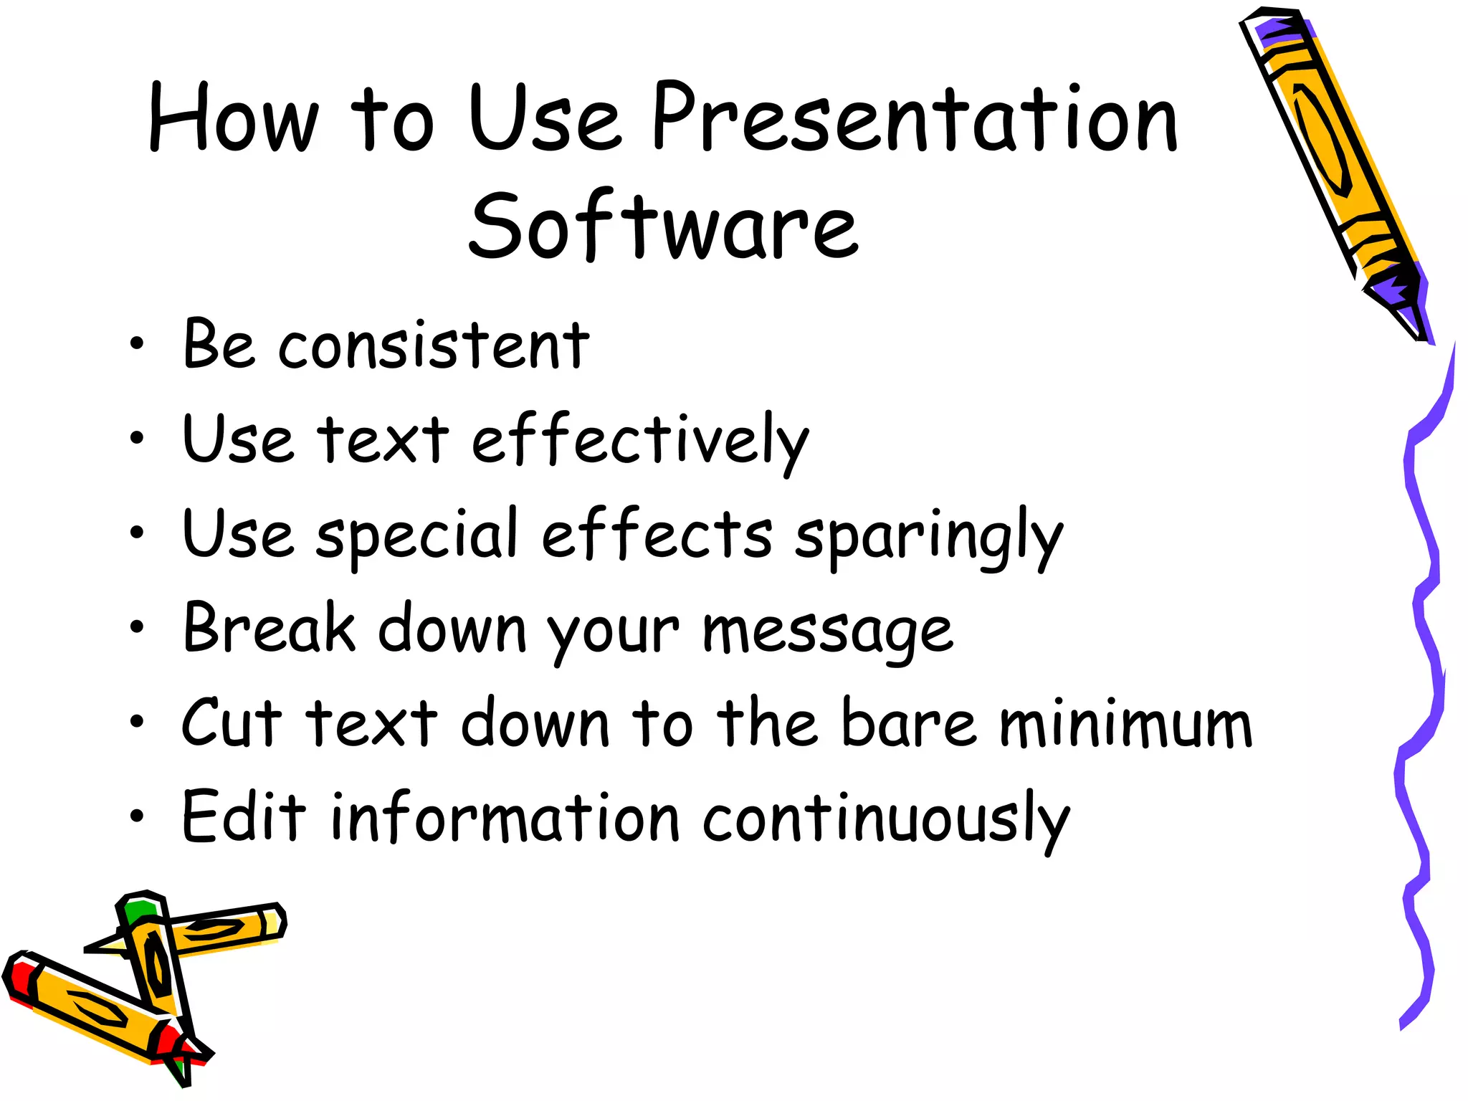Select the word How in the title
[233, 118]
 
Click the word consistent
[434, 345]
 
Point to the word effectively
[640, 439]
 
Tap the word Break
[269, 628]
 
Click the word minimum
[1125, 724]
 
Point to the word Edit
[244, 816]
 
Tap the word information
[505, 818]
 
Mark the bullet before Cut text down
[137, 722]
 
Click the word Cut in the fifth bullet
[232, 723]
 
